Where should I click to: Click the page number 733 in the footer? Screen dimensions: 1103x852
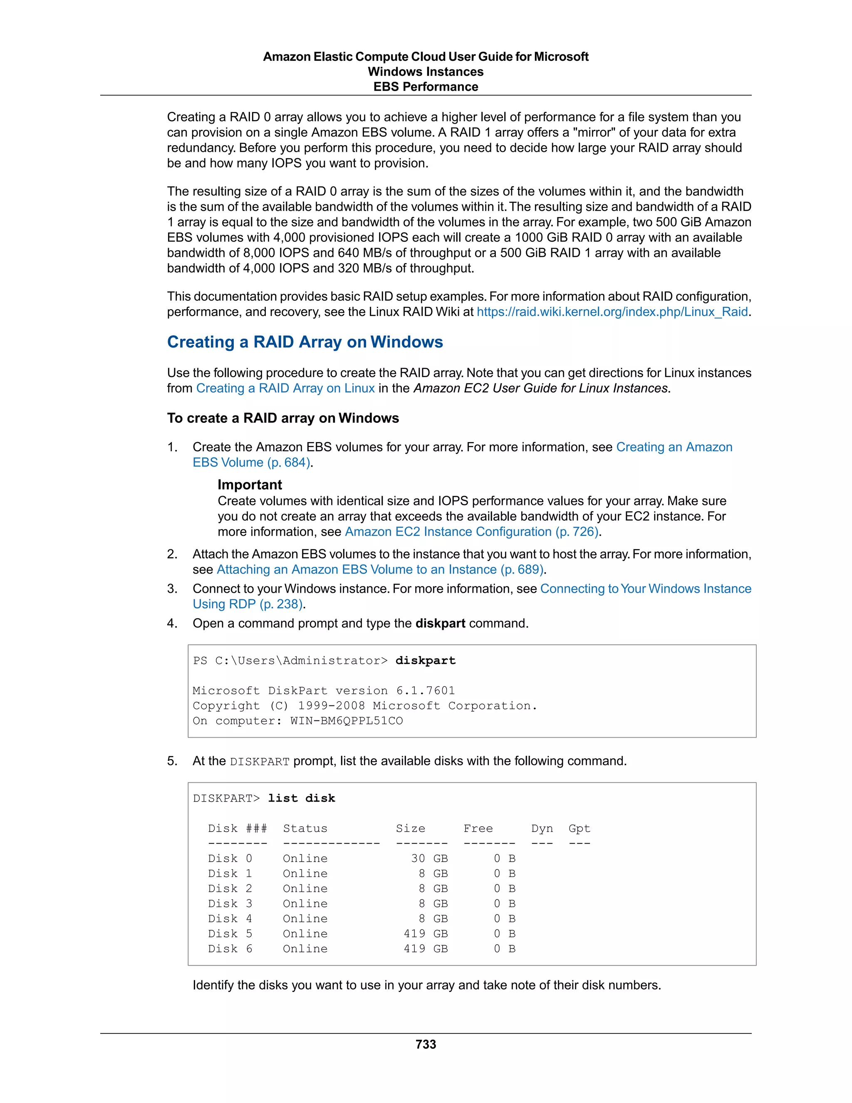click(426, 1044)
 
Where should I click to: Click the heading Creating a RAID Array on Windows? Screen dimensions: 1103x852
click(305, 342)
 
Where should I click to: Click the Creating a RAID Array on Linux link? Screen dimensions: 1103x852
click(285, 388)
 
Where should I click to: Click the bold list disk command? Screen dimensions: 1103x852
click(301, 798)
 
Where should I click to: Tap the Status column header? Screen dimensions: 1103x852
click(305, 828)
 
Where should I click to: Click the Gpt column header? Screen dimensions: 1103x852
click(579, 828)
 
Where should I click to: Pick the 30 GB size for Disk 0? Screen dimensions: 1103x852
click(429, 859)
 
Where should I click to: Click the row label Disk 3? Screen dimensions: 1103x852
click(230, 904)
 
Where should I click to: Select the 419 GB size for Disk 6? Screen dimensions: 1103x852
click(426, 949)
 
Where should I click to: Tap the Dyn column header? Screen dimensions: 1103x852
click(542, 828)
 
